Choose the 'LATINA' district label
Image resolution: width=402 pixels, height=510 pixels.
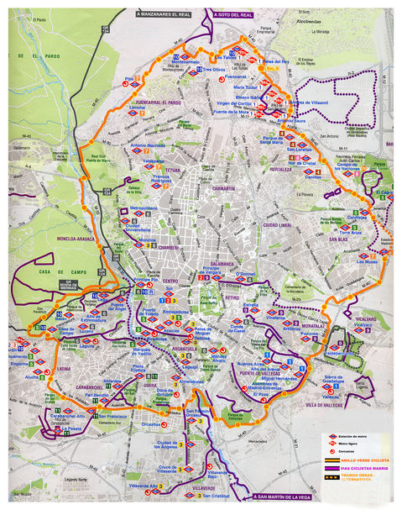(x=64, y=368)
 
